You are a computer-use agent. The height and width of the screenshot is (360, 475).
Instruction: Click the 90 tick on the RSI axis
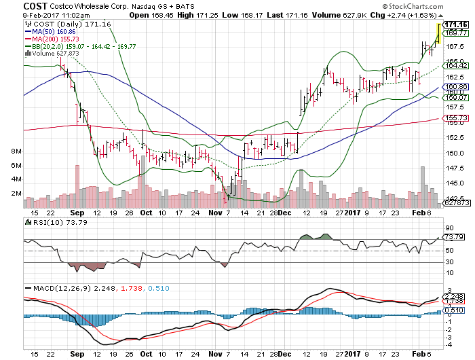(x=449, y=228)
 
